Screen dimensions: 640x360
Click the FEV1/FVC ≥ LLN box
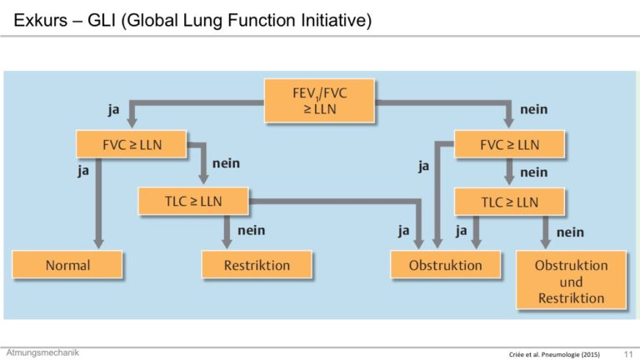point(319,101)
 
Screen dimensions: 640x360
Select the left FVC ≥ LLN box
point(132,144)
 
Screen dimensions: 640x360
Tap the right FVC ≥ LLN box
point(509,144)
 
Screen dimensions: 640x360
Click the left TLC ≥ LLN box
point(193,201)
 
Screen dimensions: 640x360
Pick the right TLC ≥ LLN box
point(509,202)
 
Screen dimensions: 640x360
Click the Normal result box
point(67,265)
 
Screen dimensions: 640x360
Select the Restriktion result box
point(257,265)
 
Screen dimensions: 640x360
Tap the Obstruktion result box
point(445,265)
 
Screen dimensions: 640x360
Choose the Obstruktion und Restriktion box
point(571,280)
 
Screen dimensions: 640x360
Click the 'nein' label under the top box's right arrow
point(534,109)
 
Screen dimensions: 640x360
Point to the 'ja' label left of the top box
point(113,110)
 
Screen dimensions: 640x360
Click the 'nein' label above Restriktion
point(252,230)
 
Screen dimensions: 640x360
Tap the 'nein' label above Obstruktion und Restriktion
point(570,232)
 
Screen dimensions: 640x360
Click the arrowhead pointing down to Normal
point(98,243)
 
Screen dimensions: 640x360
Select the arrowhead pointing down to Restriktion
point(227,243)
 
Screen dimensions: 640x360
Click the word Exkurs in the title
point(40,20)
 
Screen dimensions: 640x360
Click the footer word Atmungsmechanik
point(42,352)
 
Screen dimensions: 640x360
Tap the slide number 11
point(628,354)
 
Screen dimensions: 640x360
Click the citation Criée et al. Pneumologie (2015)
point(554,354)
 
